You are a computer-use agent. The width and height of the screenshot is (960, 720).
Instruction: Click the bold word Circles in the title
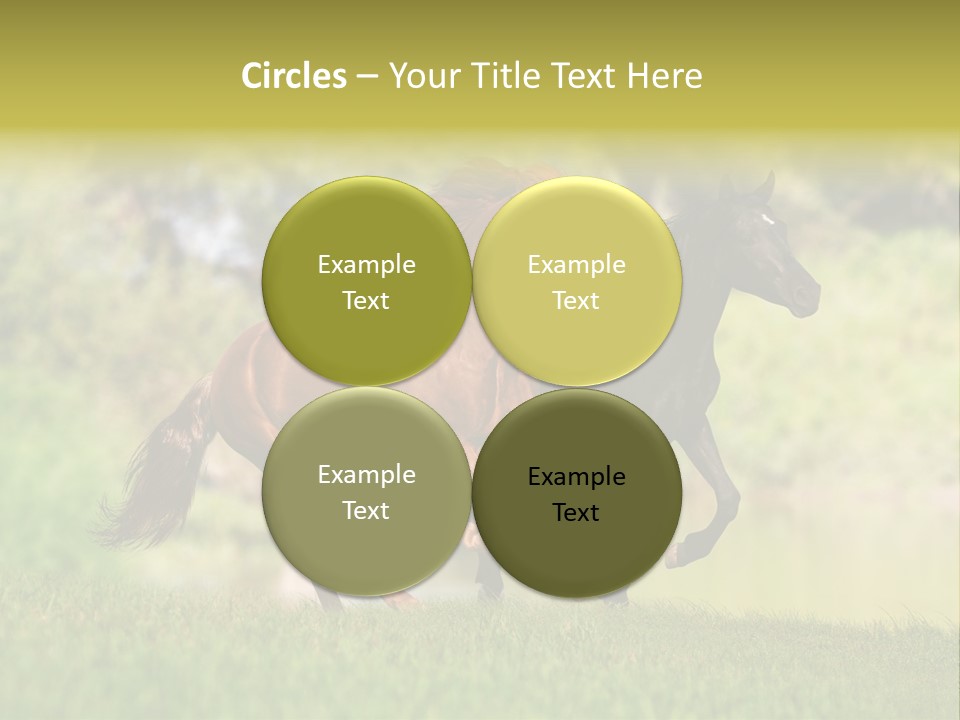pyautogui.click(x=294, y=76)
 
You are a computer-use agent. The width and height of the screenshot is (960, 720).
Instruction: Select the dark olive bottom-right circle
pyautogui.click(x=576, y=550)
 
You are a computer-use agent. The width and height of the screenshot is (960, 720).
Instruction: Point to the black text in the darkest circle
pyautogui.click(x=576, y=494)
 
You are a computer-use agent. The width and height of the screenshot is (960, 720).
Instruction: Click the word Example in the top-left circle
pyautogui.click(x=366, y=265)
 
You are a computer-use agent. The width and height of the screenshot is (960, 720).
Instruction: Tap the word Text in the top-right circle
pyautogui.click(x=576, y=301)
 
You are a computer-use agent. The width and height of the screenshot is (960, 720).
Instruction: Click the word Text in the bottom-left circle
pyautogui.click(x=366, y=511)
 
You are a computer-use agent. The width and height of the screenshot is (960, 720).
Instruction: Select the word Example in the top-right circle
pyautogui.click(x=576, y=265)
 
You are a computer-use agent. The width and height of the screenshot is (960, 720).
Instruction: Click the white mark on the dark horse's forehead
pyautogui.click(x=768, y=218)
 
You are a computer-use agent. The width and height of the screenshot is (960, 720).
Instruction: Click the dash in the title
pyautogui.click(x=367, y=76)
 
